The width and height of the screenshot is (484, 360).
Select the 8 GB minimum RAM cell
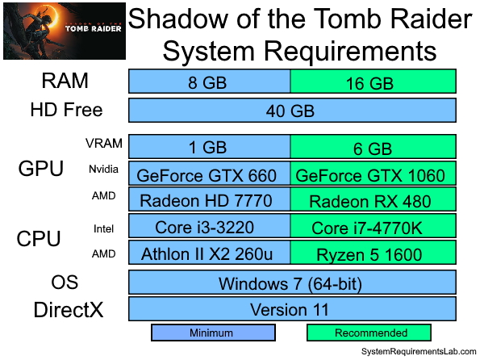point(210,82)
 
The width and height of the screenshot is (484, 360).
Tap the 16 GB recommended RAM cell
point(373,82)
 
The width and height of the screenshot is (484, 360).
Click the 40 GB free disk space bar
point(292,110)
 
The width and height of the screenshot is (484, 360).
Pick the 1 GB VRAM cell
point(210,147)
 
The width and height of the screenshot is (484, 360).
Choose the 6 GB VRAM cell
point(373,147)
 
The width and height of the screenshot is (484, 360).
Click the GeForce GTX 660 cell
point(210,174)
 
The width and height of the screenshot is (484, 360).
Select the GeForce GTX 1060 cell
point(373,174)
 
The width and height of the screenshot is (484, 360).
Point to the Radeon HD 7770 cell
point(210,200)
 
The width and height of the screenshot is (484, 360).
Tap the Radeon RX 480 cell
point(373,200)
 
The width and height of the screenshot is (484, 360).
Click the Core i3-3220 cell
point(210,228)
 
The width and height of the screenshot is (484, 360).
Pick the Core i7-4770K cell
point(373,228)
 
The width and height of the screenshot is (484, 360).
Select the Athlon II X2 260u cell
point(210,253)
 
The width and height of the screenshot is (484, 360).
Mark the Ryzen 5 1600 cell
point(373,253)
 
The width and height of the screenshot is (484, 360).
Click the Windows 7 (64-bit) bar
point(292,283)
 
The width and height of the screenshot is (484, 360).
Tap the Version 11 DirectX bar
point(292,309)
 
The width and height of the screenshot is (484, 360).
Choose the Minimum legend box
point(213,333)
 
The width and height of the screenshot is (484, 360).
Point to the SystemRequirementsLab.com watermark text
point(419,352)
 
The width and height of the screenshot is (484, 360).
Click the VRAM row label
point(104,144)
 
